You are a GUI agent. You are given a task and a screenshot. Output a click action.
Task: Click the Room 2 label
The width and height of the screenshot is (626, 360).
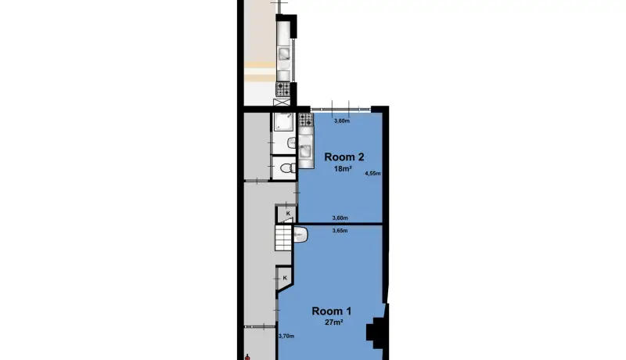click(x=344, y=157)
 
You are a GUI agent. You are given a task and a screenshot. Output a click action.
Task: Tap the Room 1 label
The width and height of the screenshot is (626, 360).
click(x=331, y=311)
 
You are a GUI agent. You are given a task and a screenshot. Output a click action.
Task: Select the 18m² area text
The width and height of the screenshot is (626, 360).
click(x=343, y=169)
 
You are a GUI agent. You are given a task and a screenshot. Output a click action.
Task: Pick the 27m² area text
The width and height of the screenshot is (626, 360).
click(x=334, y=322)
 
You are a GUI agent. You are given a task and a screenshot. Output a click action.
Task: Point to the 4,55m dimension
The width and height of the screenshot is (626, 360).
click(x=372, y=174)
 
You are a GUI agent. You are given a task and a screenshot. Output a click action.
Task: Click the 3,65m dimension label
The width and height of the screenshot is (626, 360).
click(x=340, y=231)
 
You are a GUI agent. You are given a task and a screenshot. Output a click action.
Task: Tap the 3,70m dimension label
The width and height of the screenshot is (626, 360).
click(x=286, y=336)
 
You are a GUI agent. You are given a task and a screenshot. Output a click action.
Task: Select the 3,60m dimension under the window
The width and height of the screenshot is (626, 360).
click(x=342, y=121)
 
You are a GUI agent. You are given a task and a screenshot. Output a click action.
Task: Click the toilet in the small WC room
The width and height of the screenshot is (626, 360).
click(x=287, y=168)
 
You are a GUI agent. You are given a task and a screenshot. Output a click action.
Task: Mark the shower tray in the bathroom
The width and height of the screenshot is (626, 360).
click(x=283, y=122)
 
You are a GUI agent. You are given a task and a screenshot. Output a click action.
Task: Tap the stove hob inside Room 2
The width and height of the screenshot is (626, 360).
click(x=306, y=120)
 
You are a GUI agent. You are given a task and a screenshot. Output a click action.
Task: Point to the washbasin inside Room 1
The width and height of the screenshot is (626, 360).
click(x=300, y=235)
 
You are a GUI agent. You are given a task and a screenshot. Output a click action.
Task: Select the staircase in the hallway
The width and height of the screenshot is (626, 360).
click(x=283, y=238)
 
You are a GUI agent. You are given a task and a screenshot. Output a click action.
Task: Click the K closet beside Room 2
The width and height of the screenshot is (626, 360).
click(x=287, y=214)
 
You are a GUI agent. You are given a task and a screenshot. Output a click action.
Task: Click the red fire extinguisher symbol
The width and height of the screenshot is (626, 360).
click(x=247, y=357)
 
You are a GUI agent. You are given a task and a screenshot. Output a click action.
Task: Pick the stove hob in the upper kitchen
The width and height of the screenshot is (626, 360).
click(x=283, y=89)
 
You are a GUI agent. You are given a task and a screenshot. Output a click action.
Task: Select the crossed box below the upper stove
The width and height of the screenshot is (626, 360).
click(x=282, y=103)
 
